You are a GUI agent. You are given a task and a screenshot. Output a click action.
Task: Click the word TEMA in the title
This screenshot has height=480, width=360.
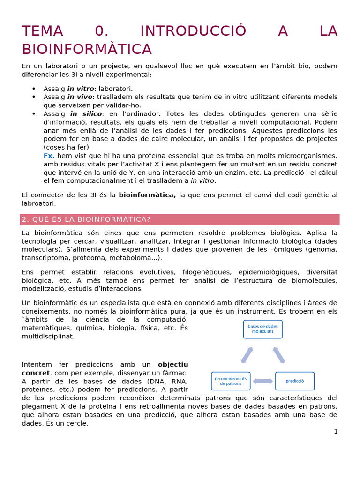point(42,31)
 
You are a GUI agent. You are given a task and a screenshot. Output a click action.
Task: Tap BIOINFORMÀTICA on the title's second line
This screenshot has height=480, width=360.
point(87,49)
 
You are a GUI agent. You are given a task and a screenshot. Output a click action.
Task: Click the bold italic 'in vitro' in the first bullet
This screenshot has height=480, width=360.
point(81,89)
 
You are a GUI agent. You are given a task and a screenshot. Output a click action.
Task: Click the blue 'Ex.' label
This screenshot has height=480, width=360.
point(49,156)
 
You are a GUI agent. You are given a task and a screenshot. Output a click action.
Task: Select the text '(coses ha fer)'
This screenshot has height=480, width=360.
point(66,147)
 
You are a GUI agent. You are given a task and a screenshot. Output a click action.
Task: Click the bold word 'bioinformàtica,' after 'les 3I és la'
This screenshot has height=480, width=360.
point(147,195)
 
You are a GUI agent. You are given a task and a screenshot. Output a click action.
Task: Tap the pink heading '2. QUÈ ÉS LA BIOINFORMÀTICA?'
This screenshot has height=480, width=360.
point(87,220)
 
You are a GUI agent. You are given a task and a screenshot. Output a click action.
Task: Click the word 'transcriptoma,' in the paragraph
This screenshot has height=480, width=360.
point(45,258)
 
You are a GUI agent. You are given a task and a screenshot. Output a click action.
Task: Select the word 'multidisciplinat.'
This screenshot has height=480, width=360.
point(48,337)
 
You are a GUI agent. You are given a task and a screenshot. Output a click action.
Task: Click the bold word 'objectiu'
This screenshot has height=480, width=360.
point(173,364)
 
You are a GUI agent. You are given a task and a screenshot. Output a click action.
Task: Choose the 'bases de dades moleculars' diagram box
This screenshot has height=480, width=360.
point(262,329)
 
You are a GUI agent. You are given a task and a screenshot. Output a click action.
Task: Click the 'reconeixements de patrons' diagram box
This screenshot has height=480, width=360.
point(231,381)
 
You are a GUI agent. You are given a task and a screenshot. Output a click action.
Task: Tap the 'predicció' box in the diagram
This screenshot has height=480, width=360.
point(295,381)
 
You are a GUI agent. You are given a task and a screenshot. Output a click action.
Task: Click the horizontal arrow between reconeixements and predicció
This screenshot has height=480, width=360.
point(262,381)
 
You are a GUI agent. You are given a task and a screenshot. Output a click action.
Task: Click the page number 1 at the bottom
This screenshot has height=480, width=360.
point(336,432)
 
